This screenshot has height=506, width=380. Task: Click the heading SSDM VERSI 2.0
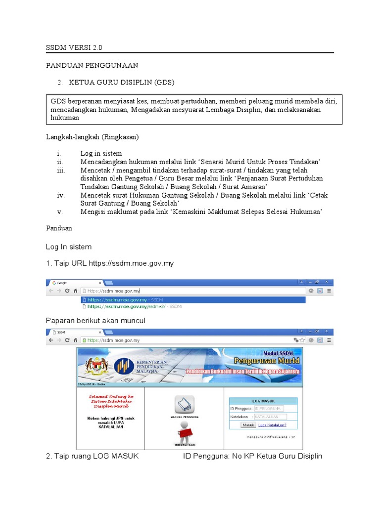[x=74, y=48]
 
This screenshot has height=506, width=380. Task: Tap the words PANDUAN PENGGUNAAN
[x=92, y=65]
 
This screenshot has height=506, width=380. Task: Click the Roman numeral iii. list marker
[x=61, y=170]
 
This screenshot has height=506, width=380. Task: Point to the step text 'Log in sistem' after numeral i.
[x=101, y=153]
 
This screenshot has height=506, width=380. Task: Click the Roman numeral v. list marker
[x=59, y=212]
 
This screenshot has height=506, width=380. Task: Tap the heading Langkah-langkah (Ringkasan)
[x=93, y=136]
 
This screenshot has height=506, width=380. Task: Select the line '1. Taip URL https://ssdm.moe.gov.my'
[x=110, y=263]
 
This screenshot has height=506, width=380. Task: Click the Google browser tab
[x=74, y=283]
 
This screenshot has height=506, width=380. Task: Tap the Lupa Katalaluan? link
[x=272, y=424]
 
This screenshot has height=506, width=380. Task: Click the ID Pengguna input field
[x=268, y=409]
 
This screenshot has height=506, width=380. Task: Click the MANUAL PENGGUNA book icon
[x=186, y=405]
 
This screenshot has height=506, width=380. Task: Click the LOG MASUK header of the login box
[x=263, y=401]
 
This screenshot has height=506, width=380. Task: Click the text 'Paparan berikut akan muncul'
[x=95, y=321]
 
